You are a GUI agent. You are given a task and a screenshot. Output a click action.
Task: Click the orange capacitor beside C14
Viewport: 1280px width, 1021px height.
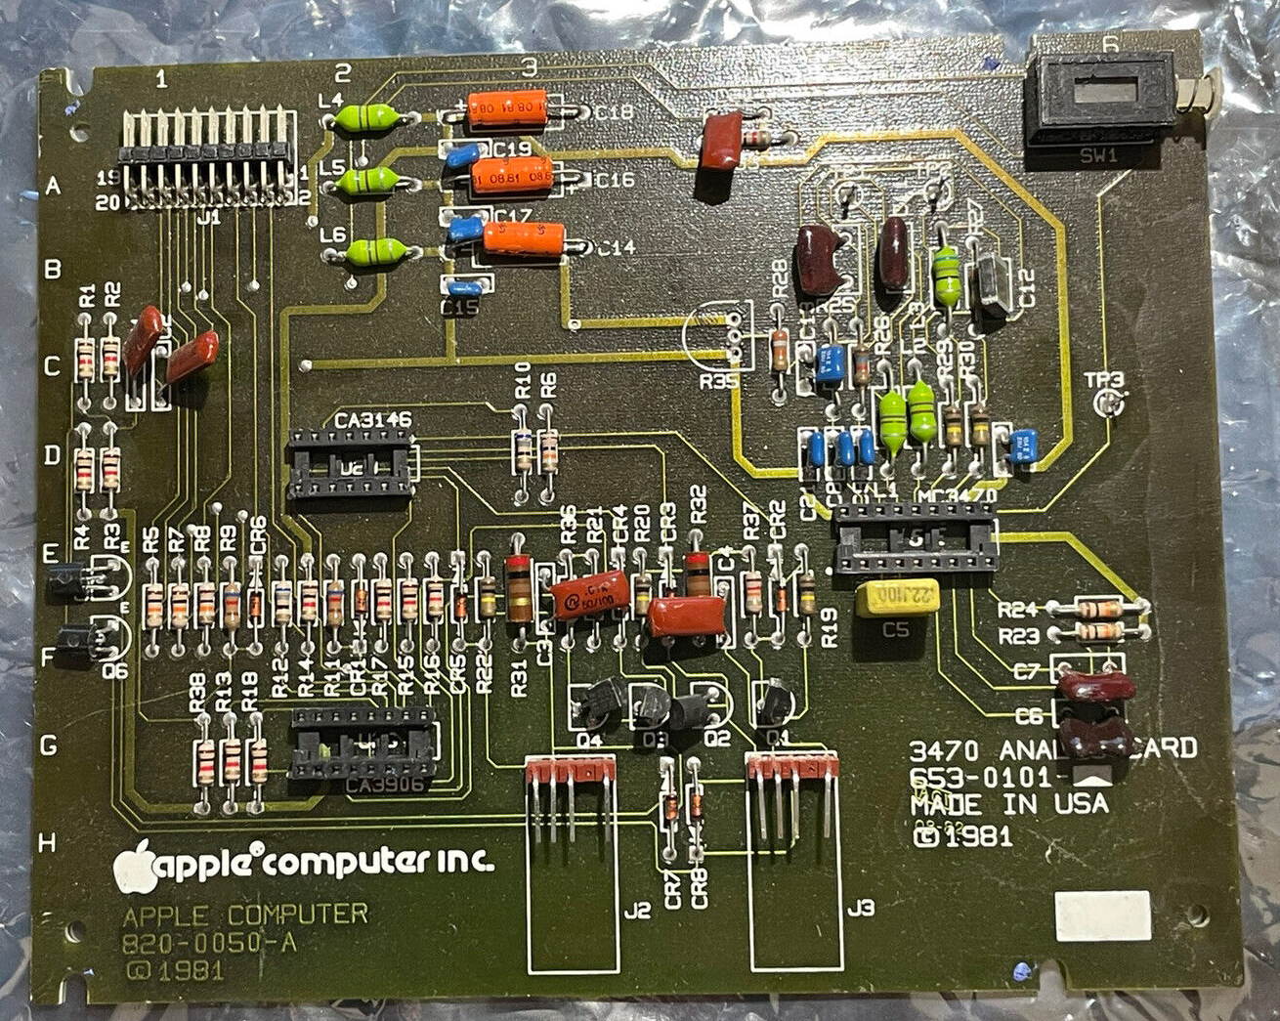523,238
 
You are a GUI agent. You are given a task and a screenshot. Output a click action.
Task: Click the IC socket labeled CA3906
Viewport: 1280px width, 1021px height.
363,744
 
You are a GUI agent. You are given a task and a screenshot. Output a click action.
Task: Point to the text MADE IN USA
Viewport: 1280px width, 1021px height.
1008,804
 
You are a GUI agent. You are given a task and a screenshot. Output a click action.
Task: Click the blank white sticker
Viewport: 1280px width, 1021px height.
1102,915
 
